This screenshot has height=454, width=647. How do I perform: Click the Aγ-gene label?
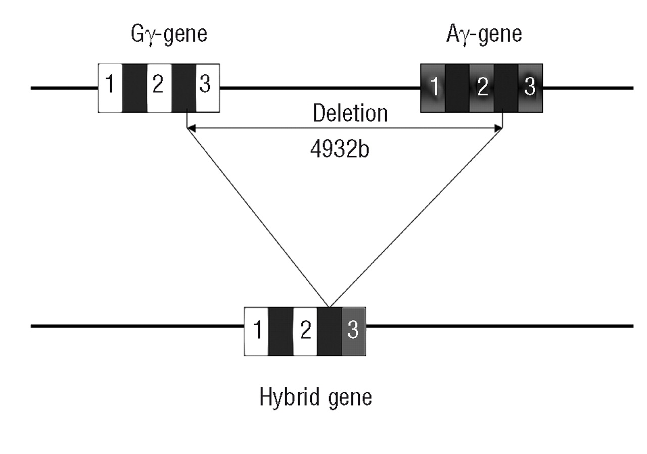[x=484, y=35]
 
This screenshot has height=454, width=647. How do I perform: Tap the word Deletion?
[x=350, y=113]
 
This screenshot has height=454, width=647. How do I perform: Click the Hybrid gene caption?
[x=316, y=397]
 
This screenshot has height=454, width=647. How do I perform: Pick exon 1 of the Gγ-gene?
[x=110, y=87]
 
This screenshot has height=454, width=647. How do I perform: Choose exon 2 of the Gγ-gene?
[x=159, y=87]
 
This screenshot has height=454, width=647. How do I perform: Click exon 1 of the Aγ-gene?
[x=433, y=87]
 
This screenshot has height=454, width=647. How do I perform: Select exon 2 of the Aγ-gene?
[x=482, y=87]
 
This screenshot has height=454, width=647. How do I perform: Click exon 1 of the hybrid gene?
[x=257, y=331]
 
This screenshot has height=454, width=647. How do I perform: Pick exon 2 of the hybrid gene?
[x=305, y=331]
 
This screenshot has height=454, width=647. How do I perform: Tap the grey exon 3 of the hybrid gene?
[x=353, y=331]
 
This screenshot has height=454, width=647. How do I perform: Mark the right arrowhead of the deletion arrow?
[x=499, y=129]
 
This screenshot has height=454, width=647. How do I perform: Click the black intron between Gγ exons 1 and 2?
[x=134, y=87]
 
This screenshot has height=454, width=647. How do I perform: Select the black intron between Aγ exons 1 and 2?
[x=457, y=87]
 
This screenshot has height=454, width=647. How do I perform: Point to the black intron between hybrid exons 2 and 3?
[x=330, y=331]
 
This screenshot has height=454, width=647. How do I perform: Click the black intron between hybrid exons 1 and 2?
[x=281, y=331]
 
